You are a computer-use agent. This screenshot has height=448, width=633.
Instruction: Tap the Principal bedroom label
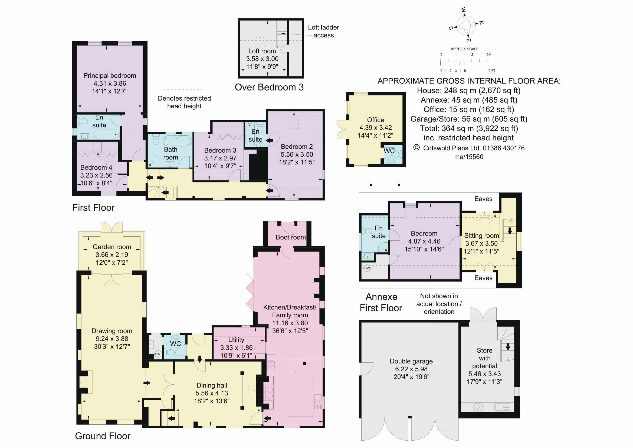coord(110,76)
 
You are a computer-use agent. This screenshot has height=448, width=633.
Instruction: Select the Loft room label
coord(262,51)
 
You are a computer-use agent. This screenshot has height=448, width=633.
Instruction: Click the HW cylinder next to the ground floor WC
coord(158,354)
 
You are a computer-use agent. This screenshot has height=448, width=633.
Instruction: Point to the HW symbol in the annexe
coord(367,268)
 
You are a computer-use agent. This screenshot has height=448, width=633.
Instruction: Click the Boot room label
coord(291,237)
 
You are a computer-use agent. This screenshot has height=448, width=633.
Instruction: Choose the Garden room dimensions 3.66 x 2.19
coord(112,255)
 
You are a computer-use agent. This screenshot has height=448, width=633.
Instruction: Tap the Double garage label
coord(411,361)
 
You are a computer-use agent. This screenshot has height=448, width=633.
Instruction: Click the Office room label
coord(376,120)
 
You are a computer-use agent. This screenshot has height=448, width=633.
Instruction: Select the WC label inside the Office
coord(389,151)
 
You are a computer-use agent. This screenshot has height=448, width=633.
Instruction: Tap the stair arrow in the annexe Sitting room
coord(510,230)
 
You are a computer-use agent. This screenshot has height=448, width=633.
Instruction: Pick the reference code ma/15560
coord(469,157)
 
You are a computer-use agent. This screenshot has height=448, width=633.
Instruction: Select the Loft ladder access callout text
coord(323,31)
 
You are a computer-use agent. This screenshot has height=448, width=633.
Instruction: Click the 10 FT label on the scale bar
coord(491,71)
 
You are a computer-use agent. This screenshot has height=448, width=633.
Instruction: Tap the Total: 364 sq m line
coord(469,128)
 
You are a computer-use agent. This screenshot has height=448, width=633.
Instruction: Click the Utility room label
coord(236,340)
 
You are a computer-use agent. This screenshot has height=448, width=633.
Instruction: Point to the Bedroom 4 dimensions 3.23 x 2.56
coord(96,175)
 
